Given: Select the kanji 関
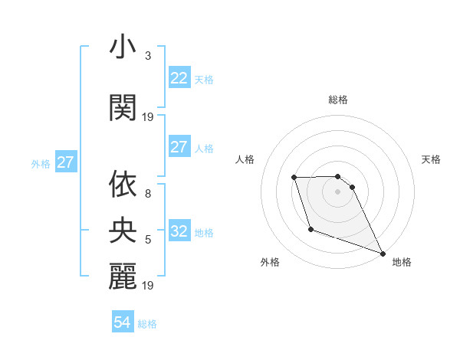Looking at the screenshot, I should pyautogui.click(x=123, y=107).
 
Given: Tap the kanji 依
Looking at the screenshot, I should pyautogui.click(x=123, y=185).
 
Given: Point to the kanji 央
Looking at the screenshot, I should pyautogui.click(x=123, y=228).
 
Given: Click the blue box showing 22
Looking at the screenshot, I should pyautogui.click(x=179, y=78).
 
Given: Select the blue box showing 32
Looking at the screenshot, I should pyautogui.click(x=179, y=232).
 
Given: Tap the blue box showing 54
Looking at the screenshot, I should pyautogui.click(x=123, y=322).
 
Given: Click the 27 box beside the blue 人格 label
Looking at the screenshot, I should pyautogui.click(x=179, y=148).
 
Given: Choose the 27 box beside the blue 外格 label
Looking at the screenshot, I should pyautogui.click(x=66, y=162).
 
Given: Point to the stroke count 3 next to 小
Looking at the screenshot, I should pyautogui.click(x=148, y=56).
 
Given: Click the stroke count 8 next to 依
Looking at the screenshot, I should pyautogui.click(x=148, y=194).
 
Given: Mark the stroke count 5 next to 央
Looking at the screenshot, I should pyautogui.click(x=148, y=239).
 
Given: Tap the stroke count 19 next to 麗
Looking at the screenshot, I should pyautogui.click(x=149, y=286).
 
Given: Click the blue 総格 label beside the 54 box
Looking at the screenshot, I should pyautogui.click(x=147, y=324).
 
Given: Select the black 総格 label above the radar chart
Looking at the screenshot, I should pyautogui.click(x=338, y=100).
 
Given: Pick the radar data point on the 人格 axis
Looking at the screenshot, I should pyautogui.click(x=294, y=178).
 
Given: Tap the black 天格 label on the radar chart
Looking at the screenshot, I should pyautogui.click(x=432, y=159).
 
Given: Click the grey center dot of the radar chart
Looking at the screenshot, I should pyautogui.click(x=338, y=191).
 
